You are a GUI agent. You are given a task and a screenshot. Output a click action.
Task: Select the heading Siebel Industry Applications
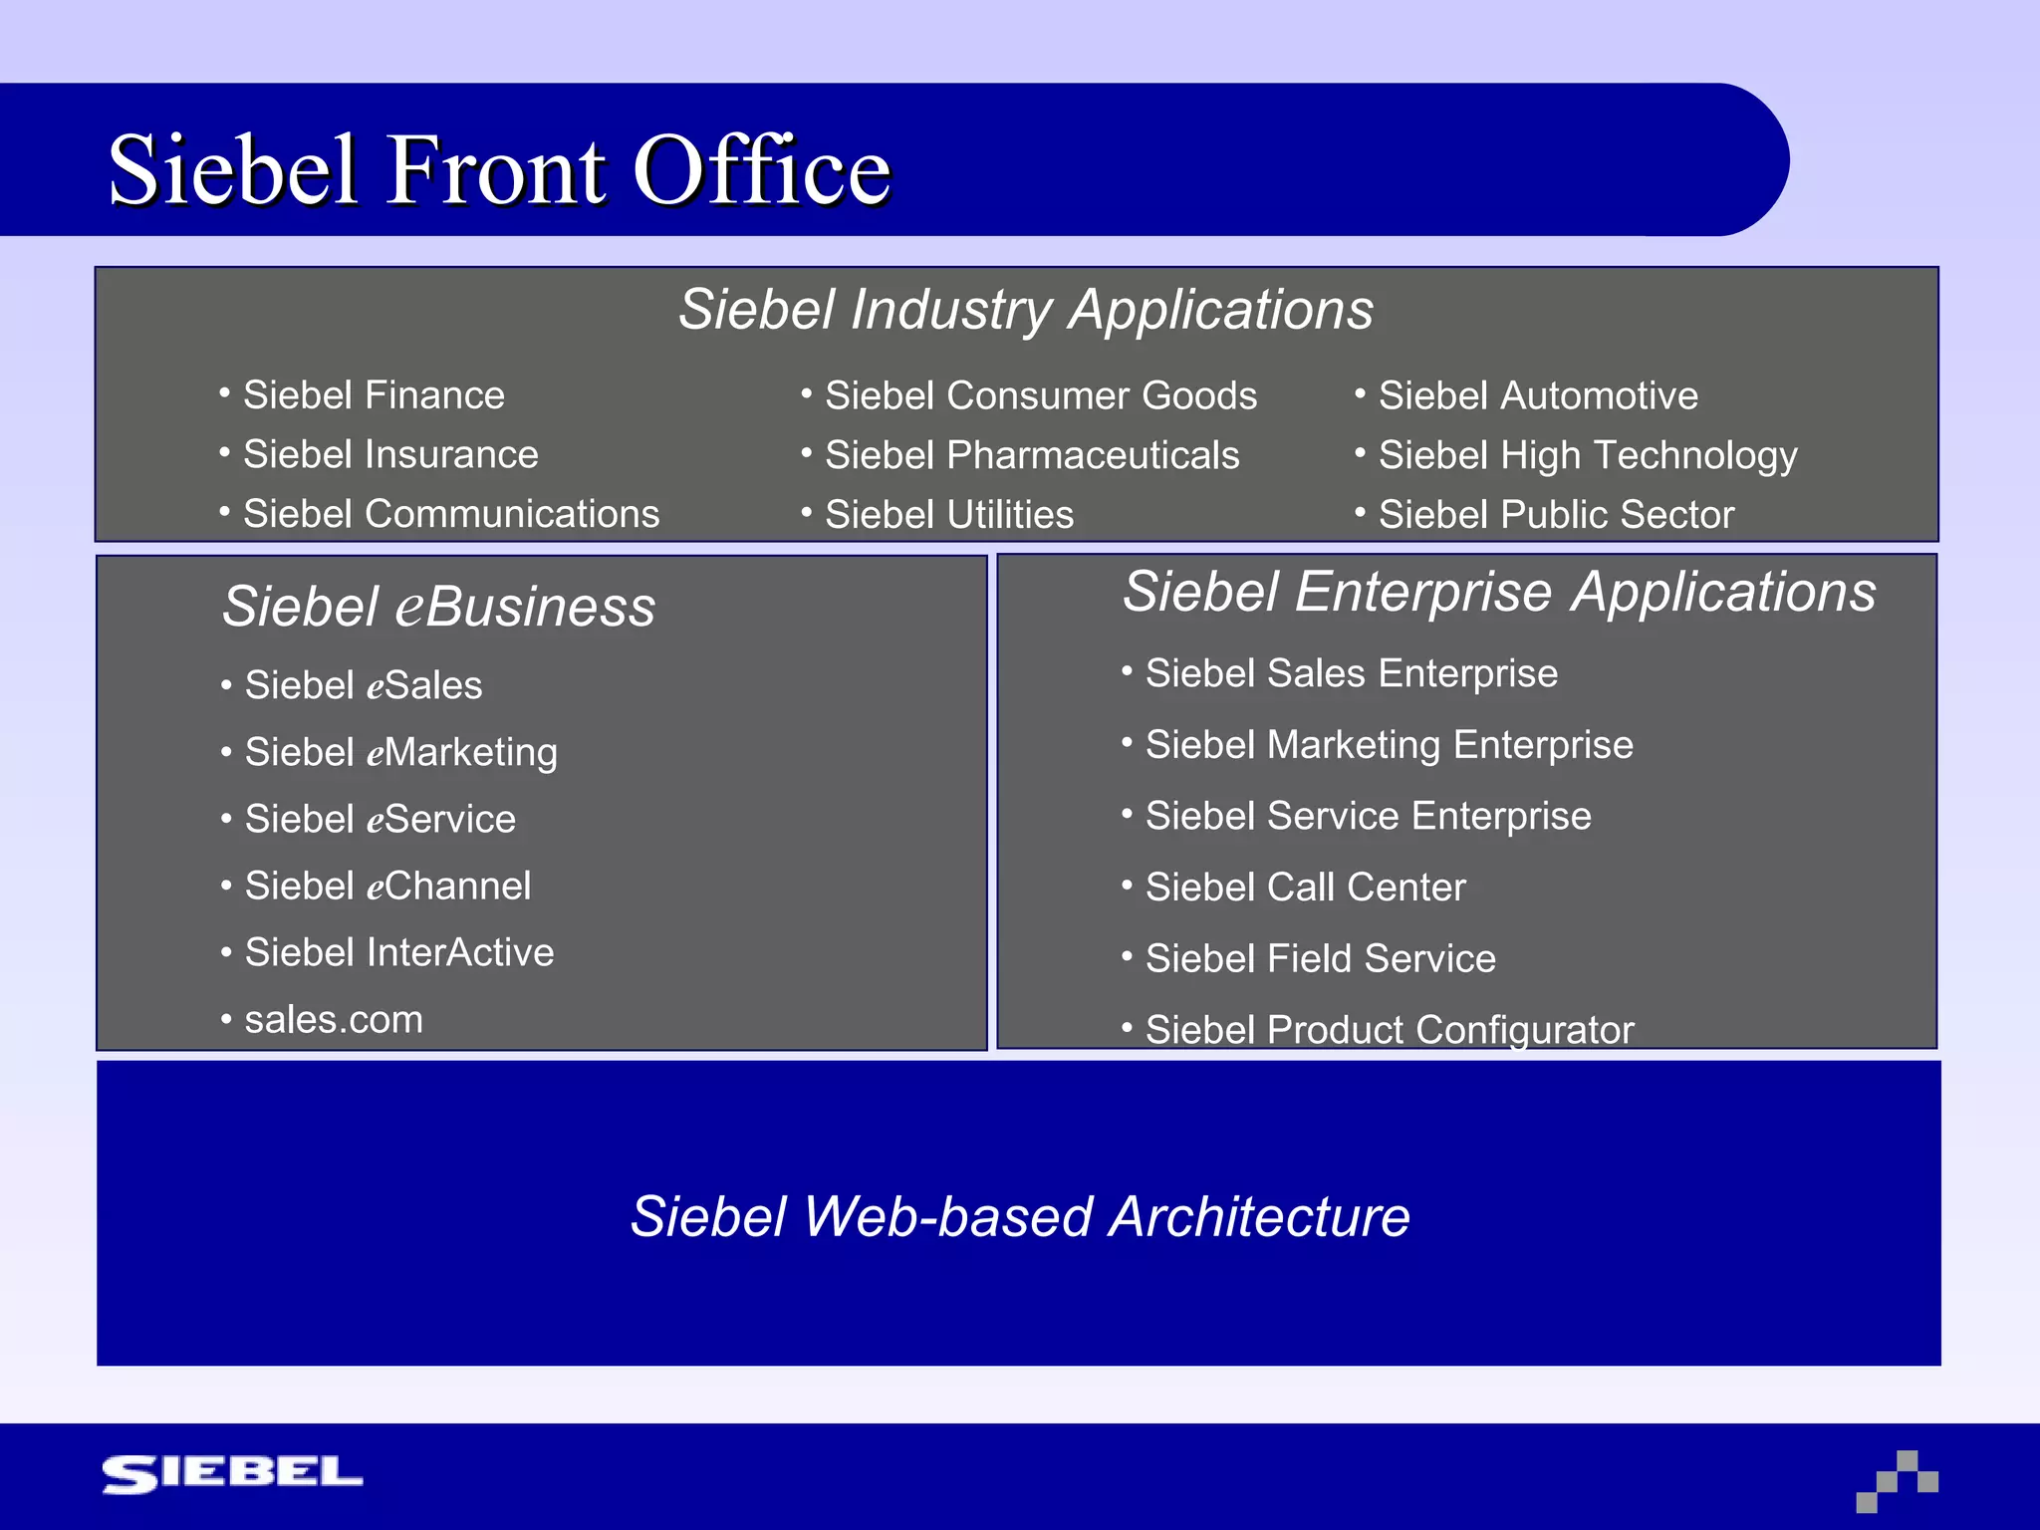1025,309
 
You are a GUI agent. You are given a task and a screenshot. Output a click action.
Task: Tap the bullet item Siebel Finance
374,395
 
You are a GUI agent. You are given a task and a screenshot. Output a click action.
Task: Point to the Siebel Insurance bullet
390,454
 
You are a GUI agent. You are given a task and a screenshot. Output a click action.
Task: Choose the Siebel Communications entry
451,514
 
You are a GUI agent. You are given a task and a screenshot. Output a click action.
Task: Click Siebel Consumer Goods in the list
1041,395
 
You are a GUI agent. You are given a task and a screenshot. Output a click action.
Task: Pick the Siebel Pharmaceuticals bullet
1032,455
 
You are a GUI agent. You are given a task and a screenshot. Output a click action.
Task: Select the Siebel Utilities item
949,515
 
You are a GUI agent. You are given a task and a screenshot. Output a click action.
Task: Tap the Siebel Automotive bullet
1538,395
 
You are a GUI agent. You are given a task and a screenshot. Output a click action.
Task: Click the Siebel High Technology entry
1588,455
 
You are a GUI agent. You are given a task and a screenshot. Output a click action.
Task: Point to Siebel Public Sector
1556,515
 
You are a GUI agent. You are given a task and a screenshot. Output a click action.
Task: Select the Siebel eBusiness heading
438,607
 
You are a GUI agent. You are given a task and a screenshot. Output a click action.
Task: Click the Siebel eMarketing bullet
400,752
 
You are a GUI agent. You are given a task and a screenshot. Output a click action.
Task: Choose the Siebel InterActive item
398,952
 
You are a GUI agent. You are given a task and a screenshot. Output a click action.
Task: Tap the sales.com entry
334,1020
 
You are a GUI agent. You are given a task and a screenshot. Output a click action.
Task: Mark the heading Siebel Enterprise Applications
1499,592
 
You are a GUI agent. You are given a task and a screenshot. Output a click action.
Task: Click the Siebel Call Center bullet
1305,888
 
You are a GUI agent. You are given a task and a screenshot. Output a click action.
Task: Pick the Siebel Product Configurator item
1390,1029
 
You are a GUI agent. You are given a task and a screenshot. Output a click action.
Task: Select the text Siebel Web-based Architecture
1020,1216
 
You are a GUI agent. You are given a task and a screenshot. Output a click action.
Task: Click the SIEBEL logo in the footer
232,1473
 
